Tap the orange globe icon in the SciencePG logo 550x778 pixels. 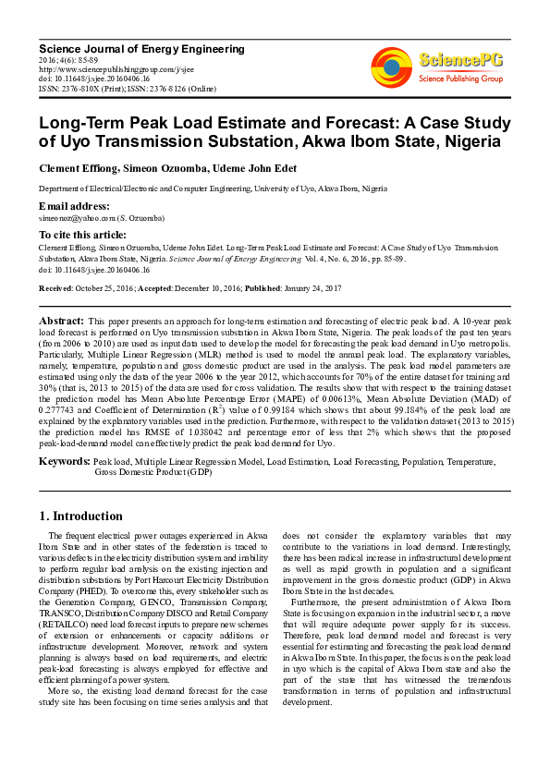(x=391, y=66)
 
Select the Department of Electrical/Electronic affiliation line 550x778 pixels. (x=213, y=188)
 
